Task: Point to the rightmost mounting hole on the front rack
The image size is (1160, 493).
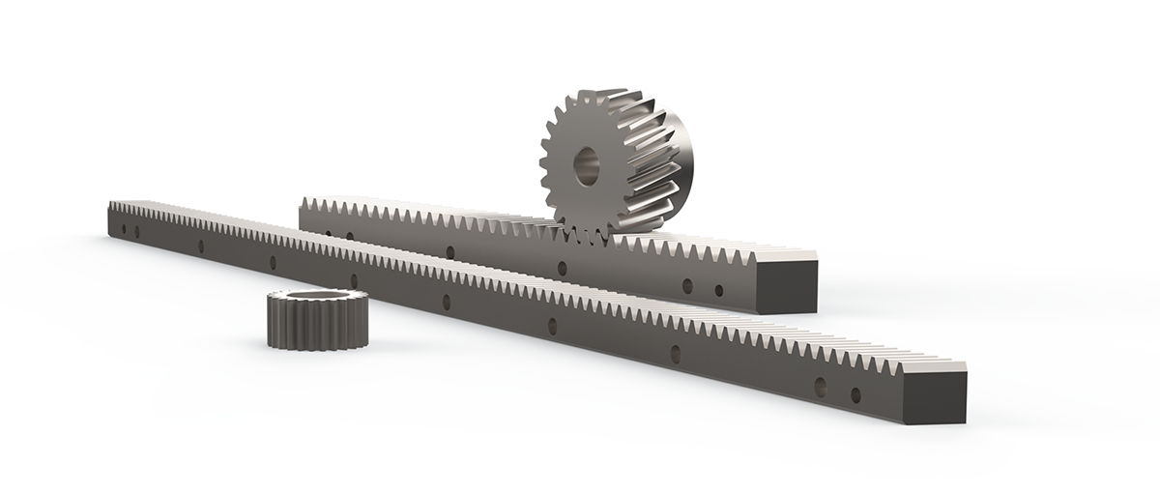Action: click(x=855, y=394)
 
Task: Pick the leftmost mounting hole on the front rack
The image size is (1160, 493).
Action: click(x=123, y=229)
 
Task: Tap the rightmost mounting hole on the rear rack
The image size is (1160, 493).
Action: click(x=718, y=290)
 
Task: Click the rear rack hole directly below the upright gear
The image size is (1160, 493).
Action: click(x=561, y=267)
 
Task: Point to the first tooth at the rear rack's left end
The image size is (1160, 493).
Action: click(x=305, y=204)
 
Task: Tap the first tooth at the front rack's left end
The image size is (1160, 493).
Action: click(x=114, y=207)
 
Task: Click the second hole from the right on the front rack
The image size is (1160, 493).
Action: click(x=821, y=388)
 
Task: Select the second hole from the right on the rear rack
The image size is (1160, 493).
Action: click(x=687, y=285)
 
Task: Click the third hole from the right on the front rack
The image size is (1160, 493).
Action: click(x=675, y=354)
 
